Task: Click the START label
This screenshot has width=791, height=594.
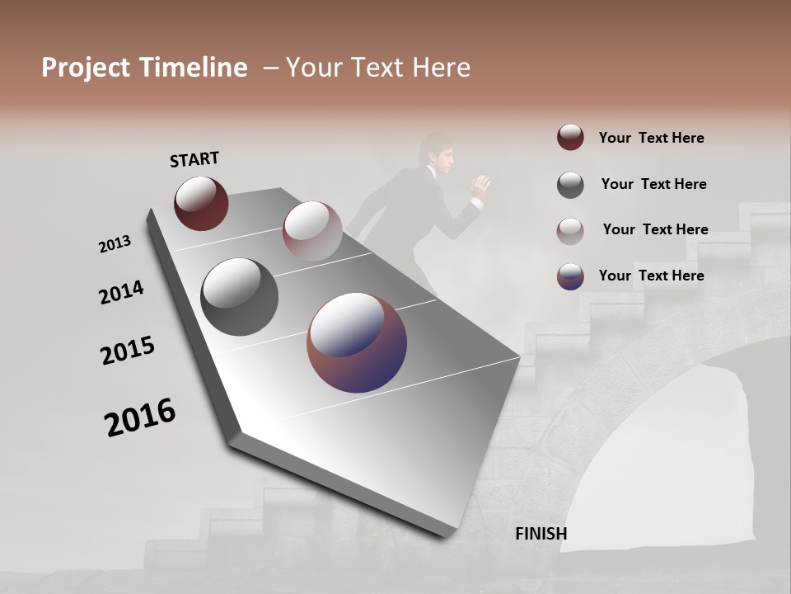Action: click(194, 159)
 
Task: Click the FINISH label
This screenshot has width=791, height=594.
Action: click(541, 534)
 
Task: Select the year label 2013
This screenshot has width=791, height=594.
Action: click(115, 244)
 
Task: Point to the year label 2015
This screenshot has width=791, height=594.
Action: click(128, 351)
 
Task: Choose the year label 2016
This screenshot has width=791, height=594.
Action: click(140, 417)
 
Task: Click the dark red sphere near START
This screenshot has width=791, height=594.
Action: click(201, 203)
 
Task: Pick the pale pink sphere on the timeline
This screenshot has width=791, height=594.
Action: click(311, 231)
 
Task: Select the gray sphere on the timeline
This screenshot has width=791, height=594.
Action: click(239, 296)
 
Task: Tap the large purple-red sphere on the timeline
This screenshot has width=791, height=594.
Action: click(357, 342)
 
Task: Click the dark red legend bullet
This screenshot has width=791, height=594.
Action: click(570, 138)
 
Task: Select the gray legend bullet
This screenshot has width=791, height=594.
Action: click(570, 184)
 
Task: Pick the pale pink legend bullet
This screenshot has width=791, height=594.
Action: click(570, 230)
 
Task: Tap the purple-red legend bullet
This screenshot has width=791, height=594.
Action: click(570, 276)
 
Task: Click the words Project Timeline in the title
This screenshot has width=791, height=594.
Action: click(144, 68)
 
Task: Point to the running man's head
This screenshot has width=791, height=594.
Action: click(434, 154)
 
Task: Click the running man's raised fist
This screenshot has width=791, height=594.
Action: click(480, 185)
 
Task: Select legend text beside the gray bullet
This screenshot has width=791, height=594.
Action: click(653, 184)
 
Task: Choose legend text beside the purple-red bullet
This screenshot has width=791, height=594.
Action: click(651, 276)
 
